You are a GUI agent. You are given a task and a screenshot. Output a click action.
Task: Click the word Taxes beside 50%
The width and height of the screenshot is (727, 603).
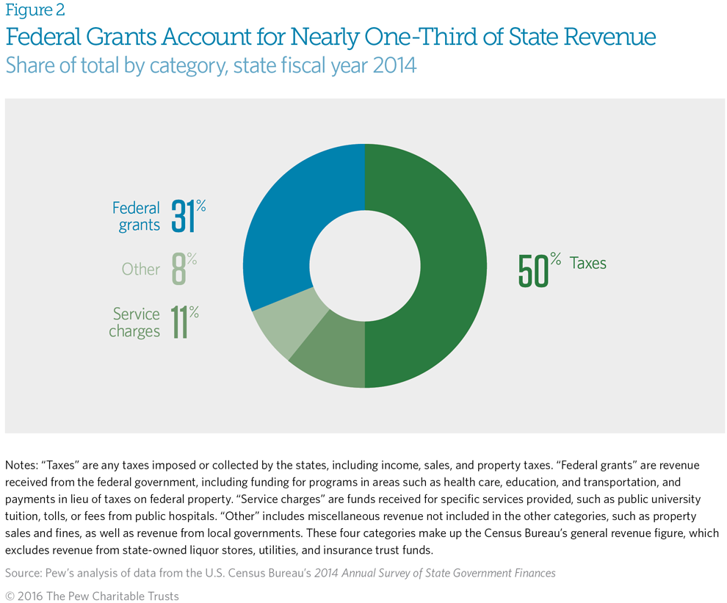(x=588, y=263)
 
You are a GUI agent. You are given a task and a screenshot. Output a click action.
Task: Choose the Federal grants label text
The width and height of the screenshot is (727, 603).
(x=137, y=216)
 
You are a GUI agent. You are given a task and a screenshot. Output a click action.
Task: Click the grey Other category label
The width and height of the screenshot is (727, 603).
(x=140, y=269)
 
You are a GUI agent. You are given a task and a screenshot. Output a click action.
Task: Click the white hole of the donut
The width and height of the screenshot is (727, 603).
(x=365, y=264)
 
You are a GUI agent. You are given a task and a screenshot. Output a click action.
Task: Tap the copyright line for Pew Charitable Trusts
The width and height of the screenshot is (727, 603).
(x=92, y=596)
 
